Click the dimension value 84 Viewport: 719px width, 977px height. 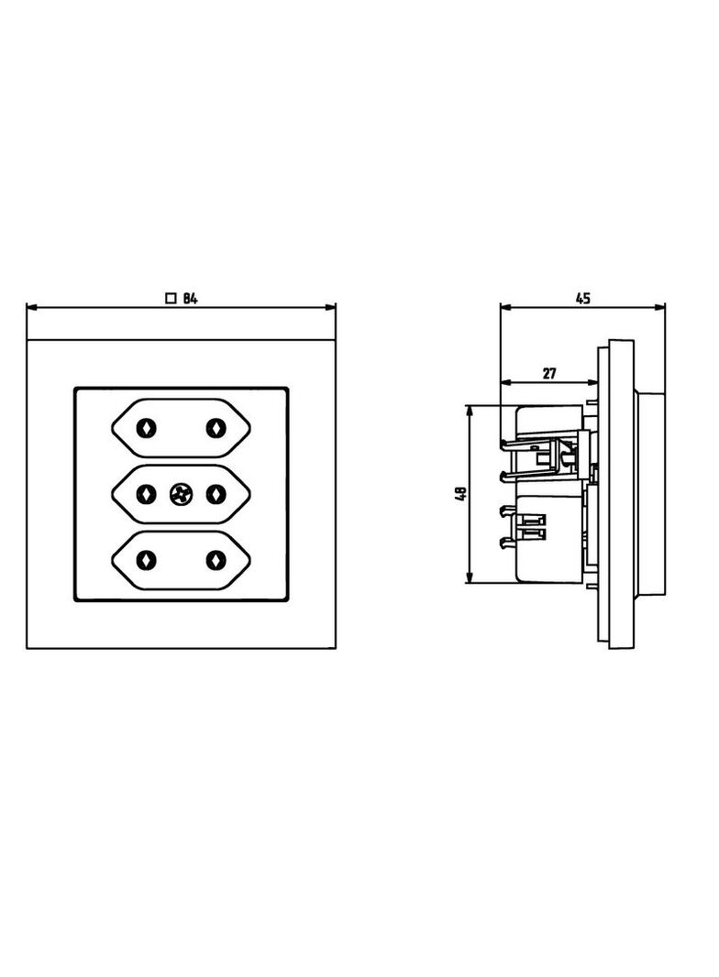pyautogui.click(x=190, y=299)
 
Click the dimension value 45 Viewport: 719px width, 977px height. pyautogui.click(x=582, y=299)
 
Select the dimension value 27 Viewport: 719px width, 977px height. pyautogui.click(x=548, y=374)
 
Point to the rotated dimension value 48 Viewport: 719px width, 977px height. pyautogui.click(x=461, y=494)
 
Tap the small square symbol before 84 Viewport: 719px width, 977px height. pyautogui.click(x=171, y=299)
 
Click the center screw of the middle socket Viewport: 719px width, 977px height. pyautogui.click(x=181, y=494)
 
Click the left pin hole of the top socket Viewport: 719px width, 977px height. pyautogui.click(x=147, y=428)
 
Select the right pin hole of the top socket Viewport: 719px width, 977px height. pyautogui.click(x=216, y=428)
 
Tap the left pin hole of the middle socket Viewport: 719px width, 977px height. pyautogui.click(x=147, y=494)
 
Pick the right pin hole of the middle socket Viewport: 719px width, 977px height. pyautogui.click(x=216, y=494)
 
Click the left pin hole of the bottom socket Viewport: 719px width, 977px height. pyautogui.click(x=147, y=560)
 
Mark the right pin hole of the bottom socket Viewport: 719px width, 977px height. pyautogui.click(x=216, y=560)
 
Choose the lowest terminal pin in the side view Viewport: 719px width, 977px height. pyautogui.click(x=508, y=543)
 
